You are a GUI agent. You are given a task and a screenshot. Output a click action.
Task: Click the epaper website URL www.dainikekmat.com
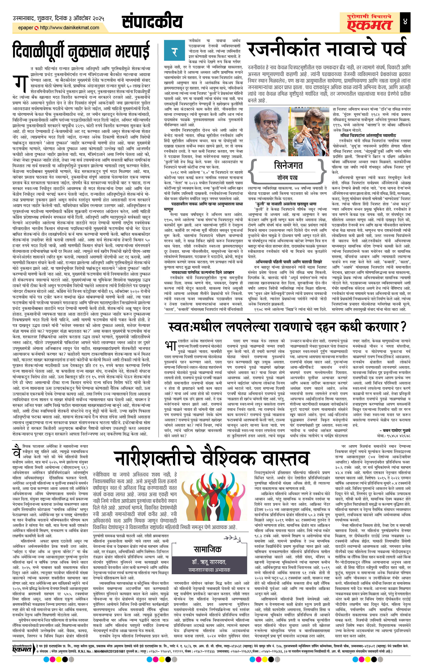70,28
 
